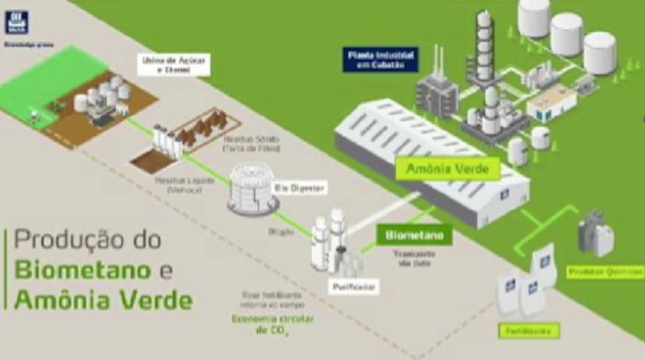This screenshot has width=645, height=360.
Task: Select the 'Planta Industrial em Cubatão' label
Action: [x=381, y=59]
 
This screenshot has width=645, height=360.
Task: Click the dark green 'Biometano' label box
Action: [x=414, y=235]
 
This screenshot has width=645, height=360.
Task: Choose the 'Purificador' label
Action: [x=352, y=285]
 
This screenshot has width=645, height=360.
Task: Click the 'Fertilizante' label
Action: [x=528, y=331]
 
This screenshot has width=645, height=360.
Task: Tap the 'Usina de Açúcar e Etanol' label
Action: [x=174, y=65]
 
